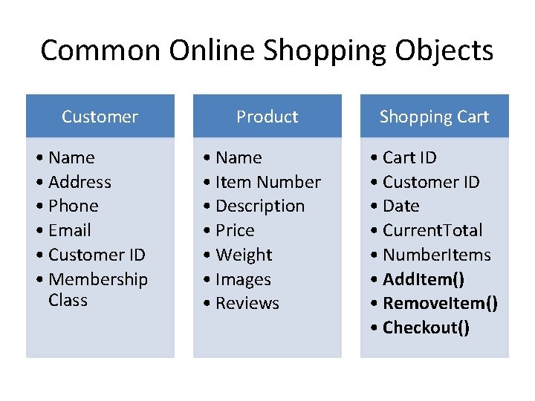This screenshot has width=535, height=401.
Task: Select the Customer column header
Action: [x=100, y=117]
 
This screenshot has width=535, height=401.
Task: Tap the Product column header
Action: [x=267, y=117]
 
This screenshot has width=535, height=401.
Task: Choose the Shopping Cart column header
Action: [x=434, y=117]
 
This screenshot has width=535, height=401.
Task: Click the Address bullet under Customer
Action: [x=80, y=182]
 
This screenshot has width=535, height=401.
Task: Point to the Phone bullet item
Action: [x=73, y=206]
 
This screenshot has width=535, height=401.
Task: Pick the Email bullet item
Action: [x=69, y=230]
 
